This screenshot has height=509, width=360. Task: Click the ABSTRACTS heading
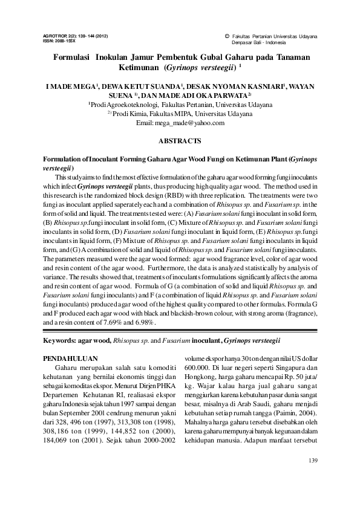coord(179,141)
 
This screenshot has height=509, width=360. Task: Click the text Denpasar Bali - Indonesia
coord(260,44)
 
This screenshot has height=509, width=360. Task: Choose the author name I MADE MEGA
coord(69,87)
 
